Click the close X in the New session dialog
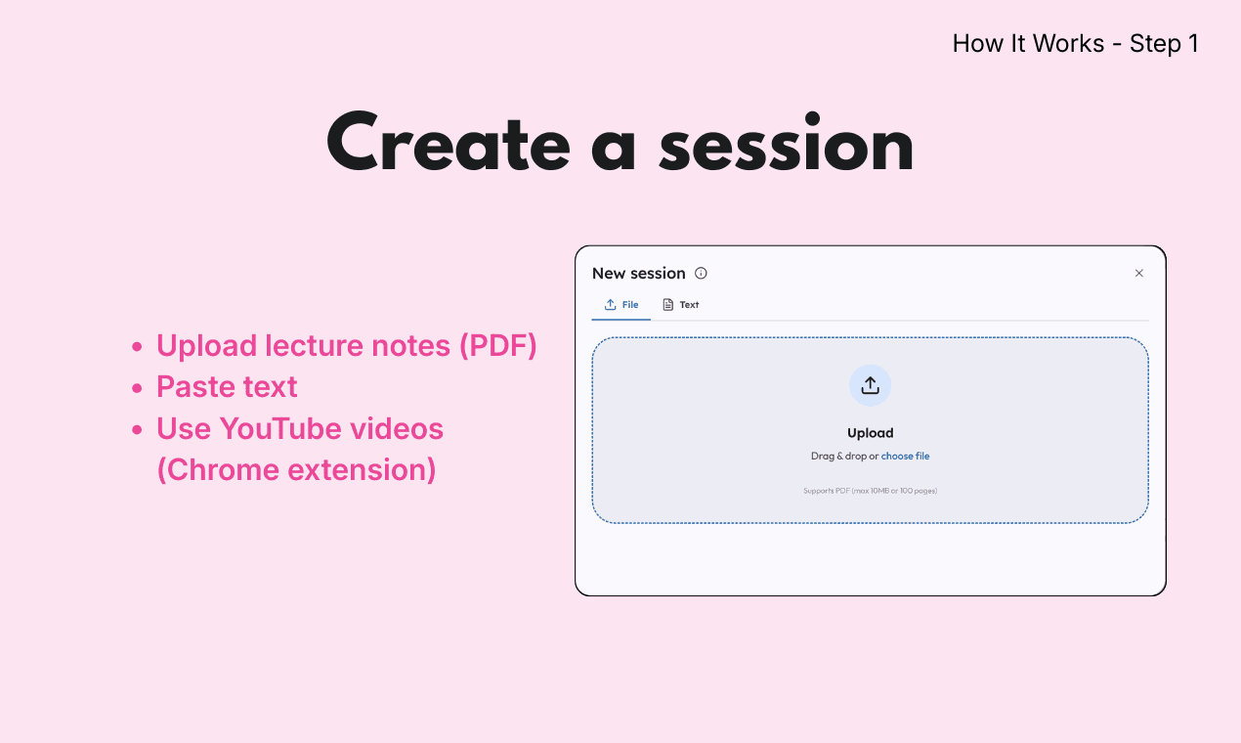click(x=1138, y=273)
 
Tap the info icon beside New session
click(x=701, y=273)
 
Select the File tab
click(x=621, y=304)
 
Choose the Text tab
click(x=681, y=304)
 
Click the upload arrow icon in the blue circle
click(x=870, y=385)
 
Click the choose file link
click(x=905, y=456)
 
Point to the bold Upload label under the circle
click(x=870, y=433)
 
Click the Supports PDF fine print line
click(x=870, y=490)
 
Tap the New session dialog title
click(x=638, y=273)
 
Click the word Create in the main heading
click(x=449, y=142)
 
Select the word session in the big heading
click(x=787, y=143)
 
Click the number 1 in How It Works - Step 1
click(x=1193, y=43)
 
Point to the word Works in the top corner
click(x=1068, y=43)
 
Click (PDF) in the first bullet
click(x=497, y=345)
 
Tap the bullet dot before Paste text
click(x=137, y=387)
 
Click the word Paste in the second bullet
click(x=195, y=386)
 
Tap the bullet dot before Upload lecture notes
click(x=137, y=346)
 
